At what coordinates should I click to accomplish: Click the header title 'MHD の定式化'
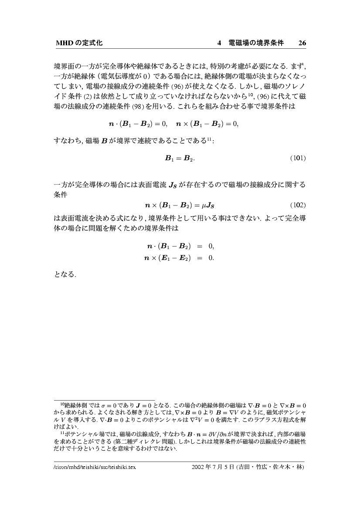79,43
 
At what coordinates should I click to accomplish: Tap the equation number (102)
298,204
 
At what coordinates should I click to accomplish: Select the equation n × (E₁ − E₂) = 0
179,258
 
